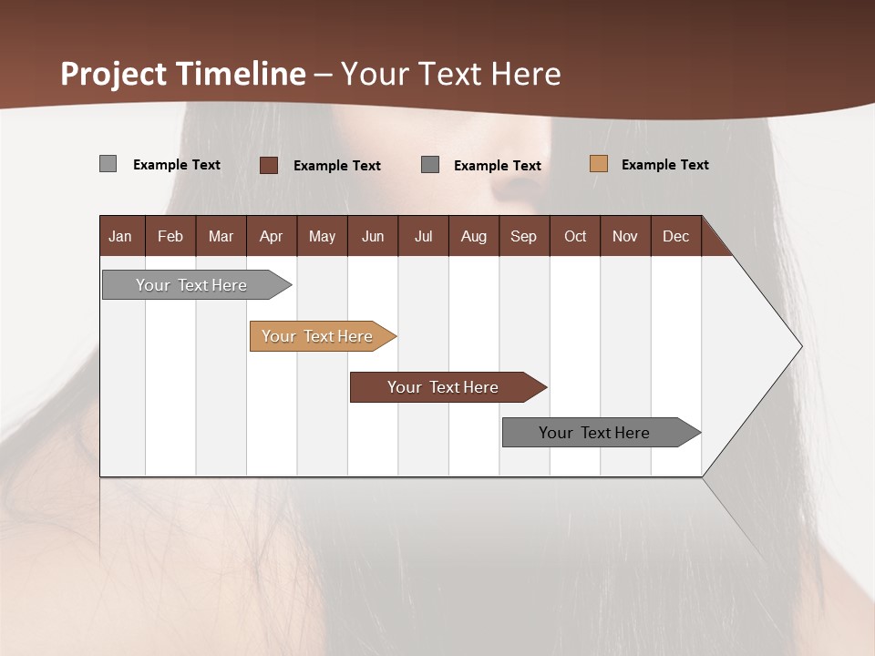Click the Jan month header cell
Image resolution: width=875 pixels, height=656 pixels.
click(x=121, y=236)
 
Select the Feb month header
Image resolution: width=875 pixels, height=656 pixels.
click(x=170, y=236)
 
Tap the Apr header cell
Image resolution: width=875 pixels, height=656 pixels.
click(x=272, y=236)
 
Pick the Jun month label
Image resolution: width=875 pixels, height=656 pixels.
click(x=373, y=236)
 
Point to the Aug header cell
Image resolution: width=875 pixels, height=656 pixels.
click(x=474, y=236)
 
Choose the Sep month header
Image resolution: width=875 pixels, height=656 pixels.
click(x=524, y=236)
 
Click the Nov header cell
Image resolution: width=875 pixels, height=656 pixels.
click(x=625, y=236)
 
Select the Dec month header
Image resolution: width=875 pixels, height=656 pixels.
click(x=676, y=236)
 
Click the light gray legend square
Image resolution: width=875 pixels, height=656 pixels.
click(x=108, y=164)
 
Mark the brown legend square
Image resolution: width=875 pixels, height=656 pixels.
click(x=269, y=165)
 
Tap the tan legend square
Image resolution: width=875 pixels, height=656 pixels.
click(x=599, y=164)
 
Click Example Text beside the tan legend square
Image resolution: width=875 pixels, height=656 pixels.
click(x=664, y=165)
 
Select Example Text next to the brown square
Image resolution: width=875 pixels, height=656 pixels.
click(x=336, y=166)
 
